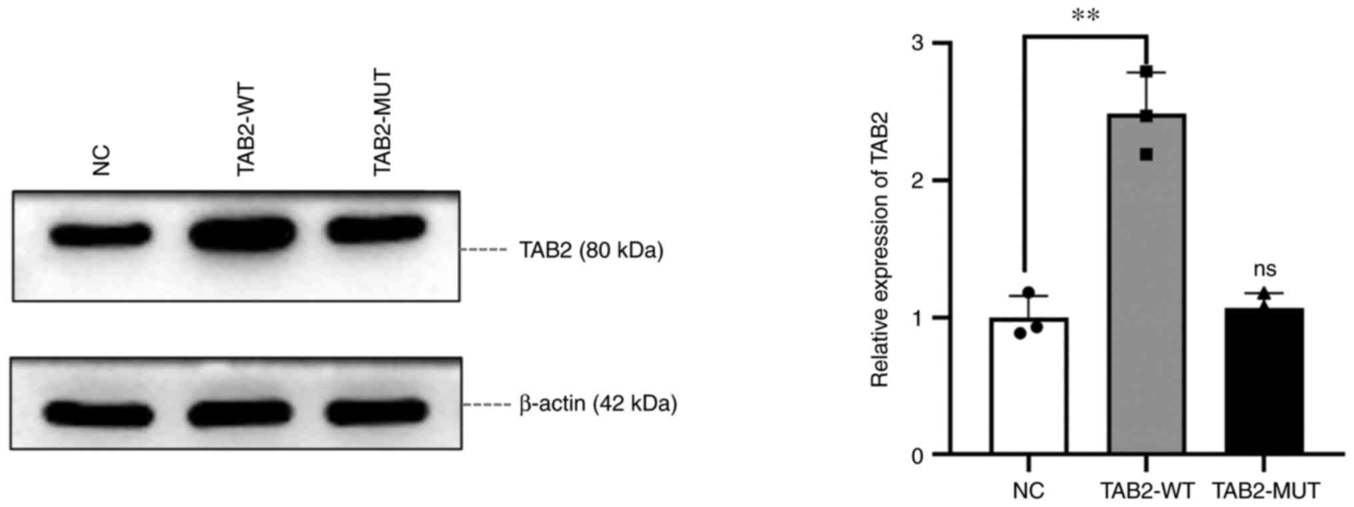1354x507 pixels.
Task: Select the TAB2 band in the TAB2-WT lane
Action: tap(242, 235)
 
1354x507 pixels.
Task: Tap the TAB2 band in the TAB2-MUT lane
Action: tap(376, 229)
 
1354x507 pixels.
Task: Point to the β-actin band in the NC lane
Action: tap(99, 413)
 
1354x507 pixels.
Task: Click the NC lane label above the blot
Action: tap(101, 160)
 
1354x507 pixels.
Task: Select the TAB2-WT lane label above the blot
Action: tap(247, 130)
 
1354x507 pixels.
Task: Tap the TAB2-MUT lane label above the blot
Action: tap(382, 122)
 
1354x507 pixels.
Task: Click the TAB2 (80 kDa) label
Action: tap(591, 251)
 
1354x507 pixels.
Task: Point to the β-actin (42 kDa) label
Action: tap(598, 404)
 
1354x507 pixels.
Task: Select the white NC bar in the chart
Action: tap(1028, 386)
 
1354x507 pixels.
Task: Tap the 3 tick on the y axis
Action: tap(918, 43)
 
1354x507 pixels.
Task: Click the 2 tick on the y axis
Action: tap(918, 181)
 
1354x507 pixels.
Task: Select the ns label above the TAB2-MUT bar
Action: tap(1264, 268)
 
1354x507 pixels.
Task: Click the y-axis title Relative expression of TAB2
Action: tap(880, 250)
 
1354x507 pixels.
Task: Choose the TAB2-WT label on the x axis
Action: tap(1147, 491)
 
